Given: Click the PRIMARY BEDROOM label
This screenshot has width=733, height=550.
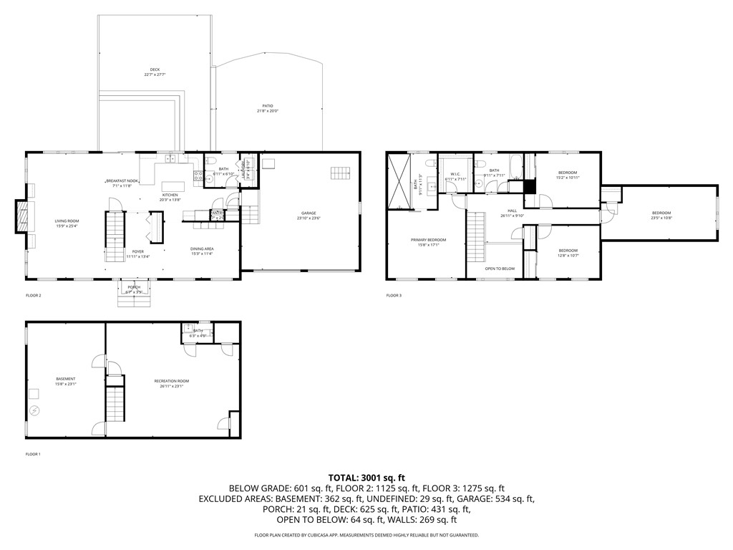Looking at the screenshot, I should click(428, 241).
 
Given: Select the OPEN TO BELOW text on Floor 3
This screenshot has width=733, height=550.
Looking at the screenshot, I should click(500, 269).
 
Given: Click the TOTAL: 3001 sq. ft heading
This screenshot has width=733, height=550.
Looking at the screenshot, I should click(366, 477).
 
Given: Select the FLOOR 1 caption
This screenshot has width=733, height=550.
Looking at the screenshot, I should click(34, 454).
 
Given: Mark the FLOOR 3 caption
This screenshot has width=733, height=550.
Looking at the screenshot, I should click(394, 295).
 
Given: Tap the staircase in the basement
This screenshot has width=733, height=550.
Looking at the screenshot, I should click(115, 406).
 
